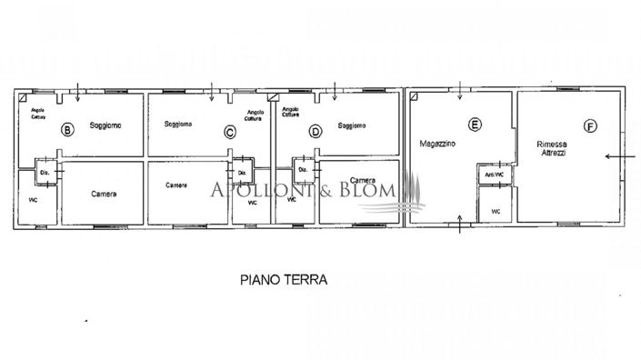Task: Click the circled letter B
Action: (x=65, y=130)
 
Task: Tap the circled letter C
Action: (x=230, y=133)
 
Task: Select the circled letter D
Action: (x=315, y=131)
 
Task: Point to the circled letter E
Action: (x=474, y=125)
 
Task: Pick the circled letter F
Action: (x=591, y=127)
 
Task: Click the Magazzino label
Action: (x=437, y=145)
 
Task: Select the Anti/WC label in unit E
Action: (x=496, y=173)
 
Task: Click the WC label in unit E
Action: (x=496, y=211)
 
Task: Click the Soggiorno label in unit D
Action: (x=352, y=125)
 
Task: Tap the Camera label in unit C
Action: (x=176, y=185)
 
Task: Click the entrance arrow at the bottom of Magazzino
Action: (x=460, y=225)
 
